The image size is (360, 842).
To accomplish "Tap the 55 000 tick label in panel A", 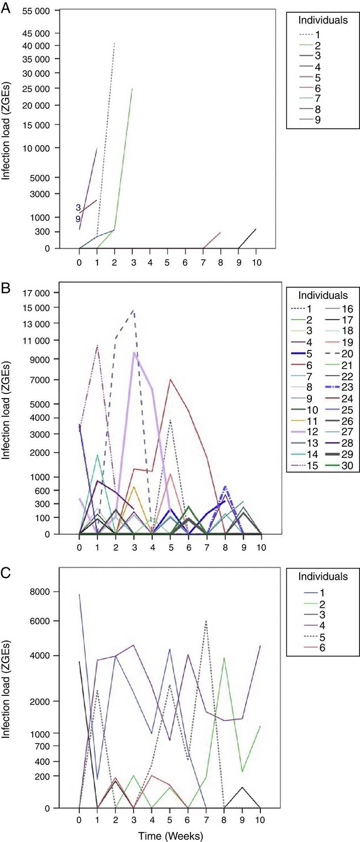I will click(33, 11).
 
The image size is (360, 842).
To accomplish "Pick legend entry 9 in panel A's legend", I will click(317, 119).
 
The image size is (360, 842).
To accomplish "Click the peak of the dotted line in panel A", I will click(115, 42).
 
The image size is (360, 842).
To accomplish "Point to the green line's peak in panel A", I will click(132, 89).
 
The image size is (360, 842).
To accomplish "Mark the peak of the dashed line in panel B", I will click(133, 310).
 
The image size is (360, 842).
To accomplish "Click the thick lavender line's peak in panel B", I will click(133, 352).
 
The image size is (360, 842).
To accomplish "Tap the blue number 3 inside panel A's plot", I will click(79, 208).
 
